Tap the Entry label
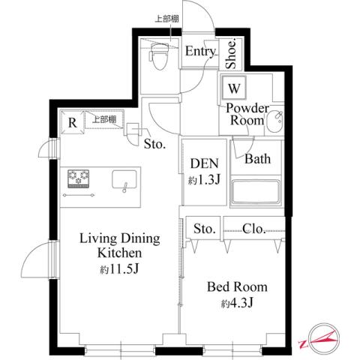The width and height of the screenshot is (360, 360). [x=200, y=52]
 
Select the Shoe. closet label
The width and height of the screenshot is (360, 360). [x=232, y=51]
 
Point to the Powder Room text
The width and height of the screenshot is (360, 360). [x=245, y=114]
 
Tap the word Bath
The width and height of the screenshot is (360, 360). [x=258, y=159]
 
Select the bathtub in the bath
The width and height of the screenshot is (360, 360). [x=256, y=193]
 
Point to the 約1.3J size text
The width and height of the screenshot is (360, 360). [x=203, y=181]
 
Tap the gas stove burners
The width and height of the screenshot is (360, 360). [x=79, y=179]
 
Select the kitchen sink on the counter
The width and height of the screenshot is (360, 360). [x=124, y=180]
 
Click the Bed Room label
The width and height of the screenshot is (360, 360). [x=237, y=287]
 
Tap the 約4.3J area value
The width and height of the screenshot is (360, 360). [x=237, y=304]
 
